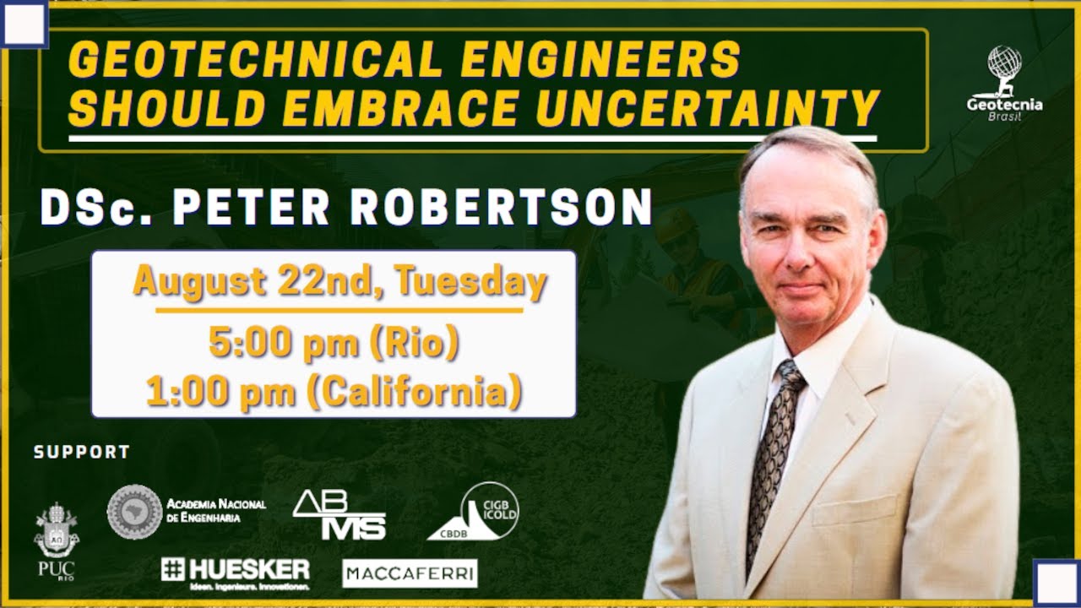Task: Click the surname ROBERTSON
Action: coord(502,207)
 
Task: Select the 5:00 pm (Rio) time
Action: coord(334,345)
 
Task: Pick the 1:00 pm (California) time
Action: coord(334,392)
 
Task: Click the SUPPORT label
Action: coord(82,453)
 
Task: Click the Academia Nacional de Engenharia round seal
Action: coord(134,511)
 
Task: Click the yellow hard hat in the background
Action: coord(676,223)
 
